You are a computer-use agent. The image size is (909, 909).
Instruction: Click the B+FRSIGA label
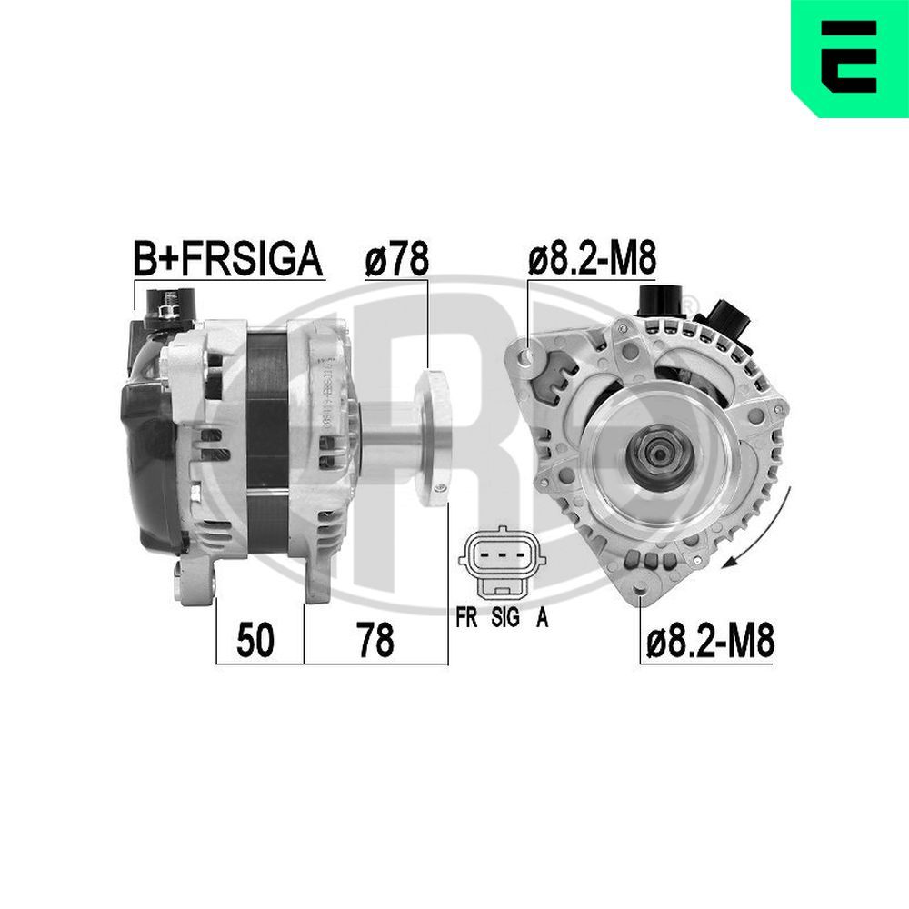228,260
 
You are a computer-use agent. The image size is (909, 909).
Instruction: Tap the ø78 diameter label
396,260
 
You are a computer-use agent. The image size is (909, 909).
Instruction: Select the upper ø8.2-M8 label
592,260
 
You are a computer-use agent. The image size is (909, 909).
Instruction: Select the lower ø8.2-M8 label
710,642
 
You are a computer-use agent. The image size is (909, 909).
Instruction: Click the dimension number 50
255,642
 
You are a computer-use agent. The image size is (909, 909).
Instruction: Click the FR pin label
467,618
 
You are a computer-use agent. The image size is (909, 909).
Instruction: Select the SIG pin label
504,618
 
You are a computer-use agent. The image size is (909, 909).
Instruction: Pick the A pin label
542,618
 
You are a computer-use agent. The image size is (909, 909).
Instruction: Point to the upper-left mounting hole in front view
528,350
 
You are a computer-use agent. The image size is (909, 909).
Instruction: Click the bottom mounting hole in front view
641,598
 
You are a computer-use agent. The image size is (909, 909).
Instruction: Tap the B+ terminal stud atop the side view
165,310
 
